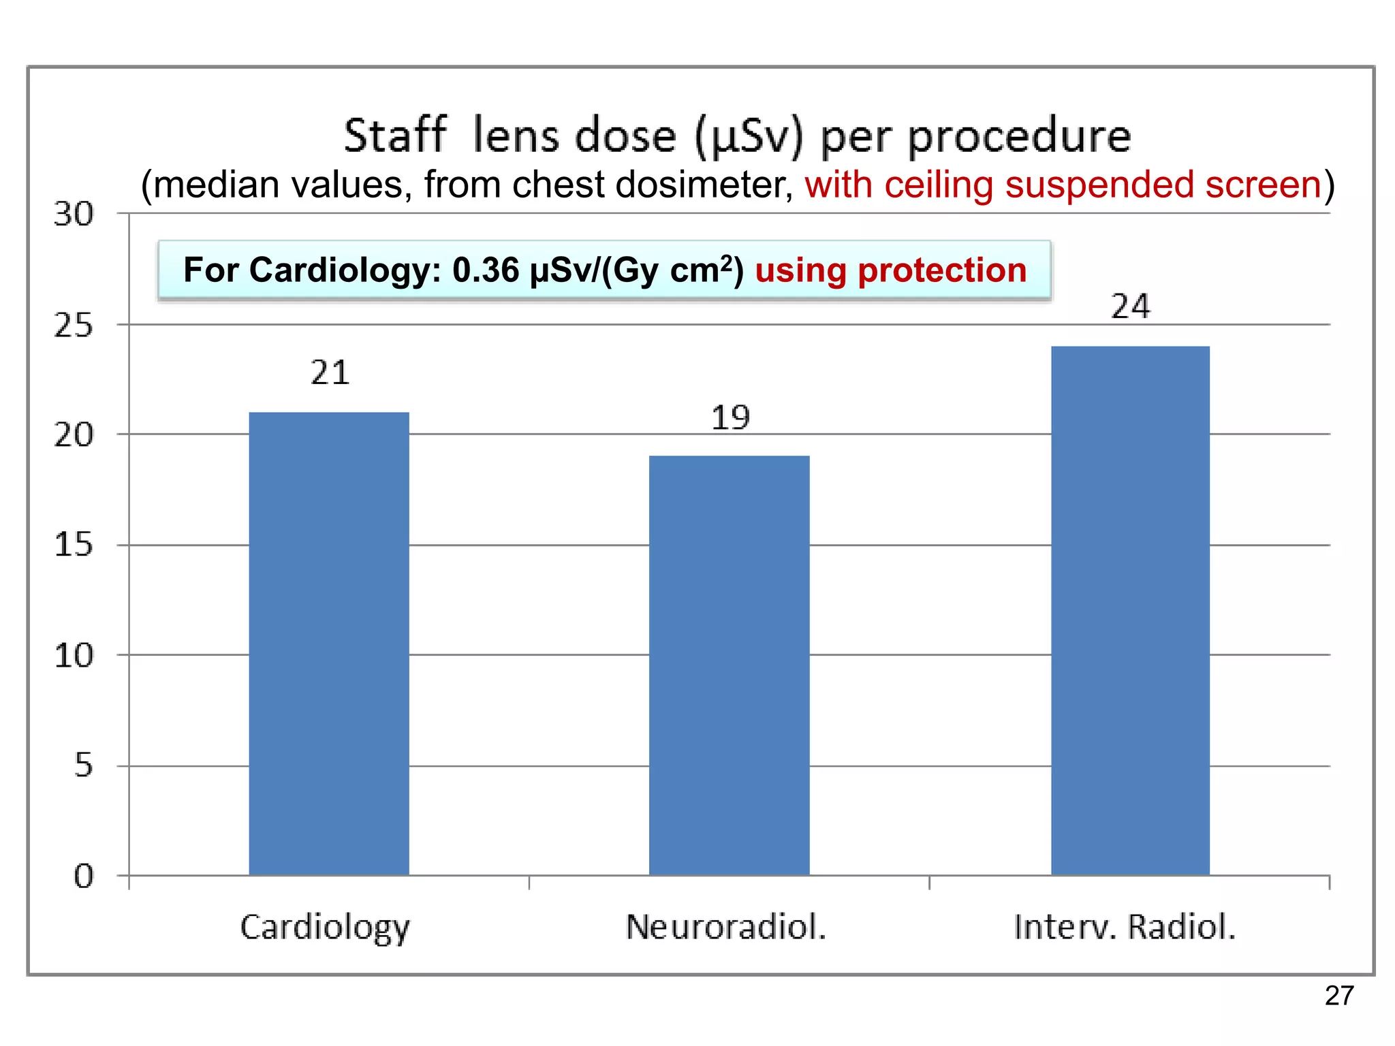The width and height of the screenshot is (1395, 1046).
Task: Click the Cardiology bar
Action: pyautogui.click(x=329, y=644)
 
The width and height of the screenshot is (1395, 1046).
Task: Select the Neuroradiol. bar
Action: pyautogui.click(x=729, y=665)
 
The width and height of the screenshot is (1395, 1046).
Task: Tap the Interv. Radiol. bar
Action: pyautogui.click(x=1130, y=611)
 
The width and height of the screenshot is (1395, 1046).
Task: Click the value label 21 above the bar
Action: pyautogui.click(x=330, y=373)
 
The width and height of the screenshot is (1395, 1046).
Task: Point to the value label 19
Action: pyautogui.click(x=730, y=417)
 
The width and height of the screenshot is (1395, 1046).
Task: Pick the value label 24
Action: pyautogui.click(x=1131, y=306)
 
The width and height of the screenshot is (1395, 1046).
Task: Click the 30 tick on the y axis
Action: pyautogui.click(x=74, y=215)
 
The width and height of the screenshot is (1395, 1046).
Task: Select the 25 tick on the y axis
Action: pyautogui.click(x=74, y=326)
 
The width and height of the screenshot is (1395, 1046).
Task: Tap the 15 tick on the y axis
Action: pyautogui.click(x=74, y=545)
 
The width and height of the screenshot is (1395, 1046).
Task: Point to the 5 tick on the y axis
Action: pyautogui.click(x=83, y=765)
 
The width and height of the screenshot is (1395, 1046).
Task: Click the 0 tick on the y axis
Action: pyautogui.click(x=83, y=876)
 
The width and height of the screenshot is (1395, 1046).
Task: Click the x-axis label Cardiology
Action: pyautogui.click(x=325, y=928)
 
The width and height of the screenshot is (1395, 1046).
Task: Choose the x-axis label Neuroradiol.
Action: pyautogui.click(x=726, y=928)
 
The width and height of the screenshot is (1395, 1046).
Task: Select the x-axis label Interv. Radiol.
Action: pyautogui.click(x=1125, y=928)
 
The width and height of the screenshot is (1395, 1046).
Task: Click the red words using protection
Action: pyautogui.click(x=890, y=270)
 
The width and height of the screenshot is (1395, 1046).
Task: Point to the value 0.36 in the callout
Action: pyautogui.click(x=486, y=270)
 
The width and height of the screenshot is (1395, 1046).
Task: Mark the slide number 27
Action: pyautogui.click(x=1339, y=996)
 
